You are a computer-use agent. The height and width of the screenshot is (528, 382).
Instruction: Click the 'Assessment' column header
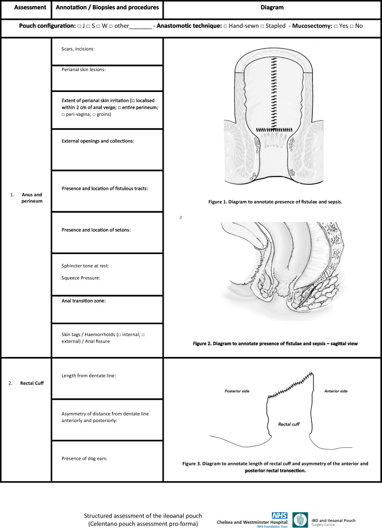[25, 8]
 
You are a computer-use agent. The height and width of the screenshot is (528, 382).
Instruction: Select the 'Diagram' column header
[272, 8]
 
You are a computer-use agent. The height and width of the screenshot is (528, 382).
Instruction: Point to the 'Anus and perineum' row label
[32, 198]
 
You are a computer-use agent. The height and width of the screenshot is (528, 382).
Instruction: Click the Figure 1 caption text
[272, 202]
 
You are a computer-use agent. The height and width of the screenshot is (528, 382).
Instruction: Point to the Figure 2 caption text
[272, 343]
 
